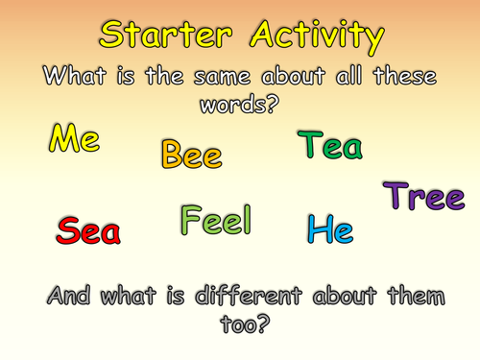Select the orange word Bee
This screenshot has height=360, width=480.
coord(192,154)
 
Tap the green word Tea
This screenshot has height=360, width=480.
coord(330,146)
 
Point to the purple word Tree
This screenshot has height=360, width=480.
coord(425,197)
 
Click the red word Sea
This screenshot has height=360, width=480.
coord(88,230)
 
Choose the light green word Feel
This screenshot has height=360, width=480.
coord(215,221)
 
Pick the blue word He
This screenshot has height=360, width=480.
coord(330,229)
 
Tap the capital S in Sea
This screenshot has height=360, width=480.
coord(67,230)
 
